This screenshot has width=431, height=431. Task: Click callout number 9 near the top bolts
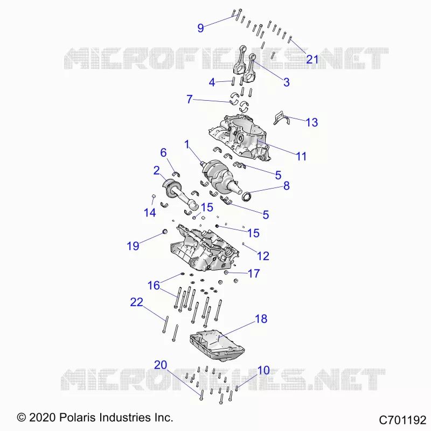coord(200,28)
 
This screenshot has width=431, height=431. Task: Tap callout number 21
coord(312,59)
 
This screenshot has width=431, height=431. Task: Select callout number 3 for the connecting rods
coord(287,82)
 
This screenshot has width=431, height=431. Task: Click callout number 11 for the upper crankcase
coord(301,156)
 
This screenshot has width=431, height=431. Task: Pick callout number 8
coord(287,186)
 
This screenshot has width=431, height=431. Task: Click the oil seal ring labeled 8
coord(246,197)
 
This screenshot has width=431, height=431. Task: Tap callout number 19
coord(133,246)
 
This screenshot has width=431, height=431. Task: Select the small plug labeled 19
coord(165,232)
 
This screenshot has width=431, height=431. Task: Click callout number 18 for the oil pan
coord(261,319)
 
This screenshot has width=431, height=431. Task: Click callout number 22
coord(137,302)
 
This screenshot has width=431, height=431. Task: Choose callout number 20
coord(161,365)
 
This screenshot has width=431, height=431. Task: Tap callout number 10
coord(263,370)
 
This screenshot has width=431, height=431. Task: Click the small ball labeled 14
coord(154,196)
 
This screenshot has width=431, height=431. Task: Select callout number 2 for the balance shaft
coord(157,171)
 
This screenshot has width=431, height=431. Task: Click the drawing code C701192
coord(402,420)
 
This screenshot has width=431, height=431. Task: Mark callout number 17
coord(254,274)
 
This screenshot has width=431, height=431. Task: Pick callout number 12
coord(263,256)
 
